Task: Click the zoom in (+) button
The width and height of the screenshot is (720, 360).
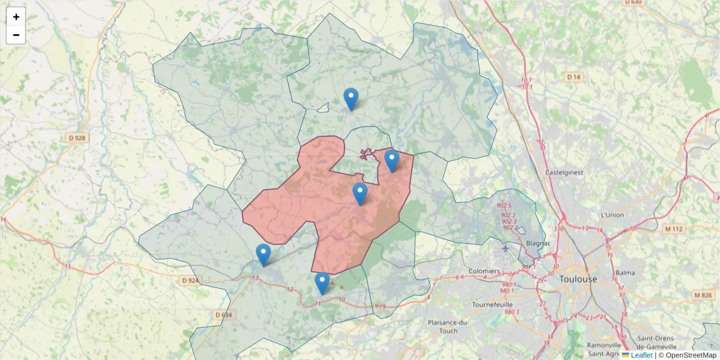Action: (16, 17)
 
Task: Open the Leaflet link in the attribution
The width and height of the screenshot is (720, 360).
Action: (641, 355)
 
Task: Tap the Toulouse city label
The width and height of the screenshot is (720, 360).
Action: (578, 279)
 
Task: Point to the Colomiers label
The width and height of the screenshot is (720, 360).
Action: (484, 271)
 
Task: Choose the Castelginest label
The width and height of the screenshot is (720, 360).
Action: (564, 172)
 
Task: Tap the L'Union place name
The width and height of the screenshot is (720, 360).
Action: (612, 215)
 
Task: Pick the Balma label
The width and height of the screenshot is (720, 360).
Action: (625, 272)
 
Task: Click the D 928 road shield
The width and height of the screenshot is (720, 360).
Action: (77, 138)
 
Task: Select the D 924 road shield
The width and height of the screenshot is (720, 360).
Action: (190, 280)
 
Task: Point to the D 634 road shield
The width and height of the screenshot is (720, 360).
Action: (223, 314)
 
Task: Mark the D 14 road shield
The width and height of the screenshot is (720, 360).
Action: (574, 77)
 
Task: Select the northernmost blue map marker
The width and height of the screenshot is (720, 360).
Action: (350, 98)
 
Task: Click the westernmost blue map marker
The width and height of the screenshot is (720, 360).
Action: (263, 254)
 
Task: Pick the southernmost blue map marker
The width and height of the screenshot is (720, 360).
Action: (322, 283)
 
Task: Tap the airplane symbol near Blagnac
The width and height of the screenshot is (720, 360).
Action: (505, 248)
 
